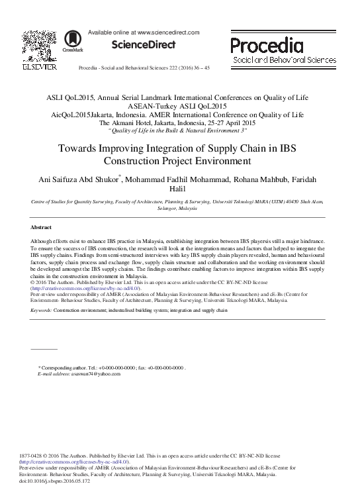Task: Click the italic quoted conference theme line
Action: [x=180, y=131]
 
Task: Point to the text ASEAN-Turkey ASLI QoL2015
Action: [x=180, y=105]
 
